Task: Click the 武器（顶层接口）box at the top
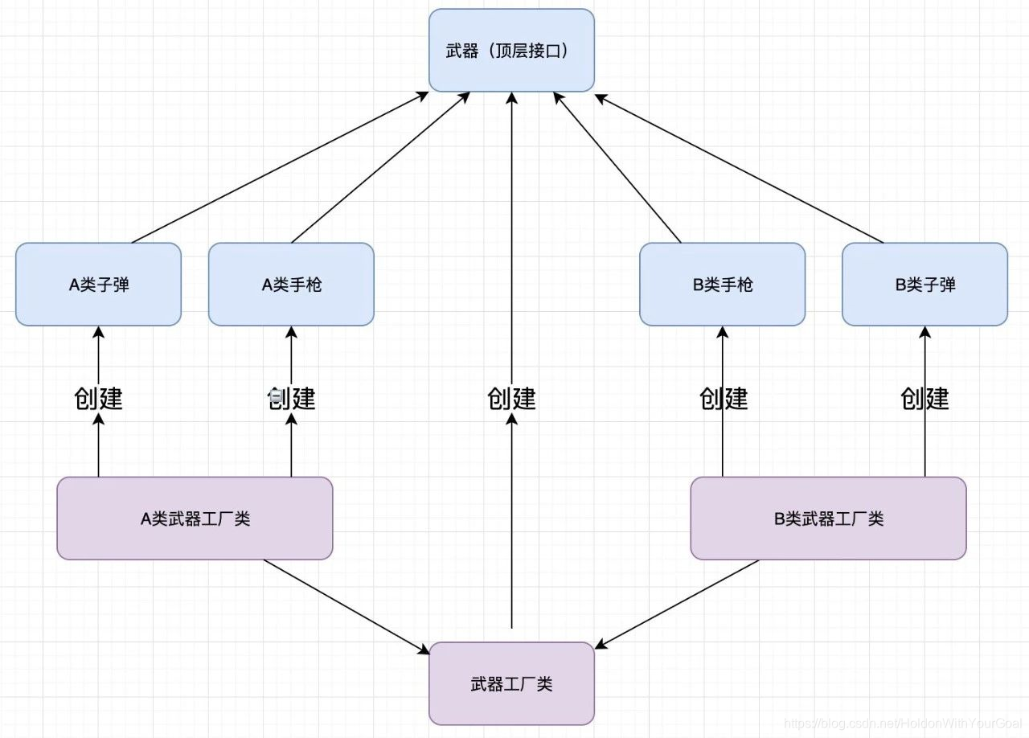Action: (511, 50)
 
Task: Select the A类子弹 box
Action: (98, 285)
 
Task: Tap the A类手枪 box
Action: (291, 285)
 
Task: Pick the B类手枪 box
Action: (722, 285)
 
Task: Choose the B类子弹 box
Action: (924, 285)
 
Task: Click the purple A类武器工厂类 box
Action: (195, 519)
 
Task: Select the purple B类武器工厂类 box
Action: (828, 519)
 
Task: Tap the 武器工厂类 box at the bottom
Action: (511, 685)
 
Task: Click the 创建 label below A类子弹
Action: (98, 399)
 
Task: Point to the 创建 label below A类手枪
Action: (291, 399)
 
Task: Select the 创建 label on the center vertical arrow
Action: (511, 399)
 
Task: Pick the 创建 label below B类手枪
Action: (723, 399)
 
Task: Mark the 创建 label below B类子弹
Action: (924, 399)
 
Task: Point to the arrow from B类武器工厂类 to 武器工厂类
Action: (677, 604)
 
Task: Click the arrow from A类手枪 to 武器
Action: (380, 167)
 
